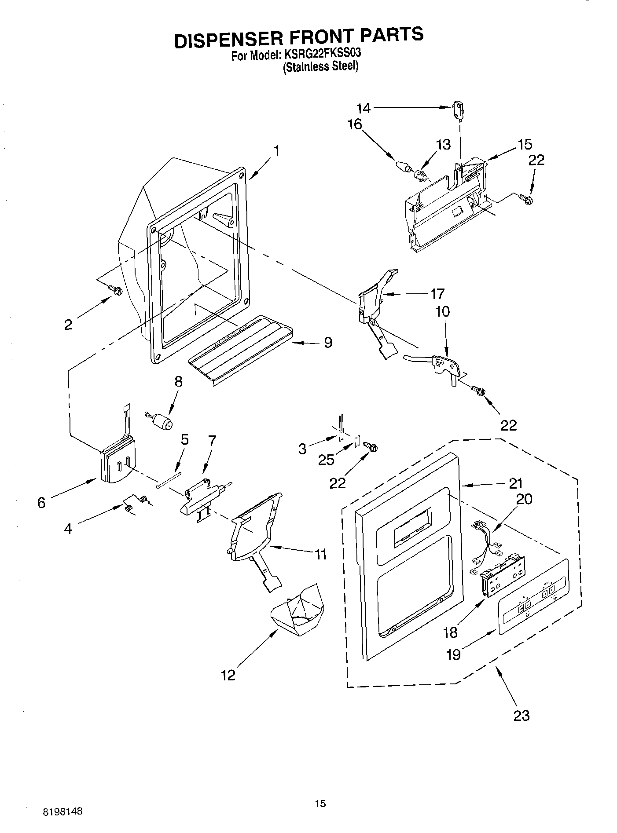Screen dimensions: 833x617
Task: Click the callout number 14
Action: (x=364, y=108)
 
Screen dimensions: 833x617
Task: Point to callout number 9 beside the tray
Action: (x=328, y=343)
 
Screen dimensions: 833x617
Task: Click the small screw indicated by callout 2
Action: (x=116, y=290)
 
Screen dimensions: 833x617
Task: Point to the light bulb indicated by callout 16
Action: (x=402, y=167)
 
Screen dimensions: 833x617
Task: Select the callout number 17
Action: (x=437, y=293)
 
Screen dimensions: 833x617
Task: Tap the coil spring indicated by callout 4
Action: (x=135, y=503)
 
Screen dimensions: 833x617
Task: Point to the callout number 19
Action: (x=453, y=654)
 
